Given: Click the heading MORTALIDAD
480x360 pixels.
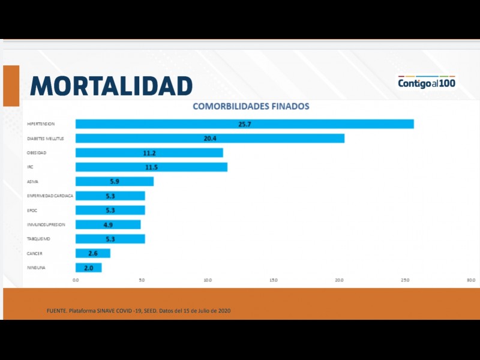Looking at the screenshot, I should click(x=111, y=86).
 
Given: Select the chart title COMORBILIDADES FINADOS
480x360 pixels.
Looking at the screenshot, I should click(x=251, y=107).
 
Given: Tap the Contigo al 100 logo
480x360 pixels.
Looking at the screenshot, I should click(x=427, y=82).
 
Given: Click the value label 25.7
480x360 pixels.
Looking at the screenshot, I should click(x=244, y=124).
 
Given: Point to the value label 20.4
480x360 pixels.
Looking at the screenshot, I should click(x=210, y=139).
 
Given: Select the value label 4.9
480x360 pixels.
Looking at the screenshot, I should click(x=108, y=225).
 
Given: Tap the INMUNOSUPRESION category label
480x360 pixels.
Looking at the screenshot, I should click(x=46, y=224).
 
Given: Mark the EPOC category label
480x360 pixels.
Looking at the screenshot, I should click(x=32, y=211).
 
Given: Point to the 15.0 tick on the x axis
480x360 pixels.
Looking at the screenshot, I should click(x=273, y=280).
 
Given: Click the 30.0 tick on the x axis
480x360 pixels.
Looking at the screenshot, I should click(x=471, y=280).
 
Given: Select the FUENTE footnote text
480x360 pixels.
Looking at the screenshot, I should click(x=139, y=311).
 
